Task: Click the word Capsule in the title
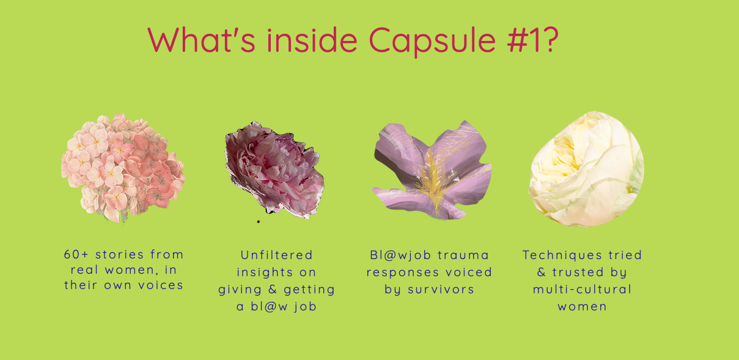tap(432, 41)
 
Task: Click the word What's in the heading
tap(201, 40)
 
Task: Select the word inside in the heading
tap(312, 40)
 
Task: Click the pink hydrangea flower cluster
tap(123, 167)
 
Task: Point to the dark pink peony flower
tap(274, 169)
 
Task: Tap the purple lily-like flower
tap(432, 171)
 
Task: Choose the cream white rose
tap(586, 169)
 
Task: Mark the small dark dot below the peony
tap(259, 222)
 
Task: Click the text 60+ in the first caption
tap(76, 254)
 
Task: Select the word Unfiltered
tap(276, 255)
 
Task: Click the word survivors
tap(441, 289)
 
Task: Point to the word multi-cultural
tap(583, 289)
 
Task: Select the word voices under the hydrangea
tap(160, 285)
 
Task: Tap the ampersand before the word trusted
tap(542, 272)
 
